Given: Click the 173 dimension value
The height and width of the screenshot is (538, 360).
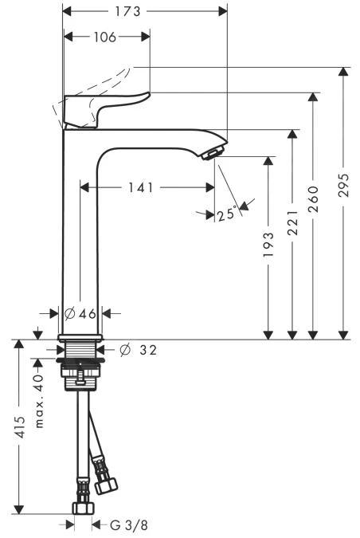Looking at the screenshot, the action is click(127, 11).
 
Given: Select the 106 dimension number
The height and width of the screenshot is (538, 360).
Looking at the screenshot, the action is click(105, 37).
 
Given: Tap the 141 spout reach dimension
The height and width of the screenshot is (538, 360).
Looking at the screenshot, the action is click(141, 187).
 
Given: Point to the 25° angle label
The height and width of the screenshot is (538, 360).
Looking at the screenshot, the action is click(226, 214).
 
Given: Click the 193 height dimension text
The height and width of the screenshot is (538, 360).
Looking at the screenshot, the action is click(268, 245).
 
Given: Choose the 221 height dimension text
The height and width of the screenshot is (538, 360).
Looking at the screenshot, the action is click(292, 223).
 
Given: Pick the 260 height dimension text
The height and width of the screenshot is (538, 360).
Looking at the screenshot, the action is click(313, 199).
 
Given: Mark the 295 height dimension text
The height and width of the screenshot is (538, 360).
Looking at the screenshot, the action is click(343, 185).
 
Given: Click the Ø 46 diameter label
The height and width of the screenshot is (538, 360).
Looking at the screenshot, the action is click(80, 313).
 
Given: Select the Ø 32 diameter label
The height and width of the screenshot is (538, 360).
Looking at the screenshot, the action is click(139, 350).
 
